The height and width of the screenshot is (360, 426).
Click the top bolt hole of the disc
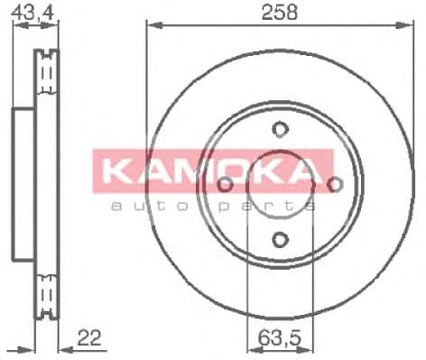279,129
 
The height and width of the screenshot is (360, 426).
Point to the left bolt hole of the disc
224,184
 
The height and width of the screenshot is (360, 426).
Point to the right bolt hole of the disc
335,184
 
